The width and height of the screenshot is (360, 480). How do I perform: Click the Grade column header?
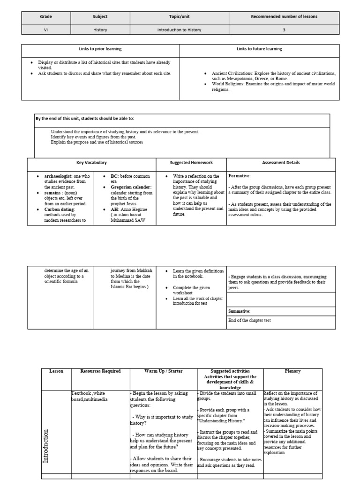(x=45, y=16)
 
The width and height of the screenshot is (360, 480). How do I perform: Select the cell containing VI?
(x=45, y=30)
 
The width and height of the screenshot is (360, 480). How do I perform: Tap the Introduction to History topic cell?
(x=179, y=30)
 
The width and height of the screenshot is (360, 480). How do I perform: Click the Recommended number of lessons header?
(x=284, y=16)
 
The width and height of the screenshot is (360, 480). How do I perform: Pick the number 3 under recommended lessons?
(x=284, y=30)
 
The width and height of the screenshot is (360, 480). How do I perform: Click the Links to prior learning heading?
(x=100, y=49)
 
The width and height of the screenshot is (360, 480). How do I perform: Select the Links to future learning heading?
(x=259, y=49)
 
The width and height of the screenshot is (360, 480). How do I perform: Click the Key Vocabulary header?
(x=91, y=163)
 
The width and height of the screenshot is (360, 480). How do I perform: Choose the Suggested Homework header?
(x=191, y=163)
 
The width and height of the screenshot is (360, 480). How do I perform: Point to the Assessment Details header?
(x=281, y=163)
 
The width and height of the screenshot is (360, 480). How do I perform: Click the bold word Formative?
(x=239, y=176)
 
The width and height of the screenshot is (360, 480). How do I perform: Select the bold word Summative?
(x=240, y=311)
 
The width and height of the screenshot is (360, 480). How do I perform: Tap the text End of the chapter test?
(x=249, y=321)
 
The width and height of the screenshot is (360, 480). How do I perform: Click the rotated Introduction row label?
(x=46, y=446)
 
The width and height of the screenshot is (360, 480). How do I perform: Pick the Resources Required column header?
(x=100, y=371)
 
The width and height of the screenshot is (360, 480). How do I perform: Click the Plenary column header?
(x=292, y=371)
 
